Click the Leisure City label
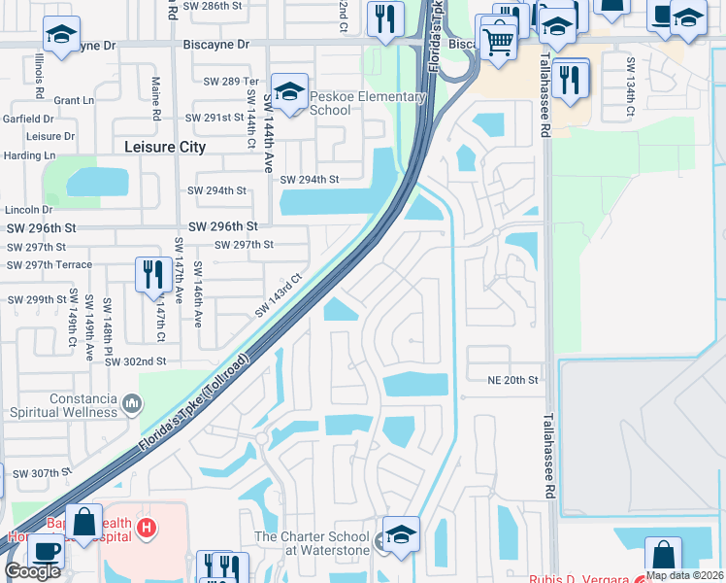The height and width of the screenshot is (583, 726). click(166, 147)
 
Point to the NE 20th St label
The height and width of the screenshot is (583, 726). click(512, 381)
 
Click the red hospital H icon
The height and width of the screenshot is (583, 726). click(147, 530)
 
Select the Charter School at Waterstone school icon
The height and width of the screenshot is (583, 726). click(401, 534)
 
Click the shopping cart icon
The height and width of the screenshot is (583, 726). click(498, 42)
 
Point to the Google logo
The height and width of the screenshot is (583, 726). click(32, 571)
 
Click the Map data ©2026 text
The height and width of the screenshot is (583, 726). click(684, 575)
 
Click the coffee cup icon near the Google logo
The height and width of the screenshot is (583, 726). click(46, 550)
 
